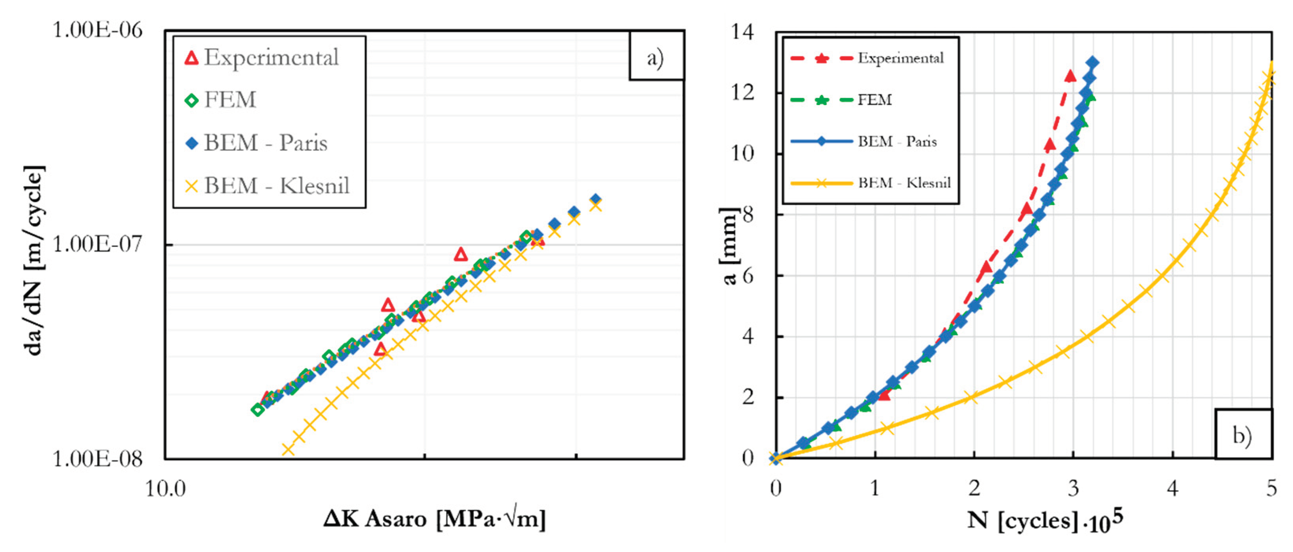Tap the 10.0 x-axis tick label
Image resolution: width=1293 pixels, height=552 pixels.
(x=165, y=488)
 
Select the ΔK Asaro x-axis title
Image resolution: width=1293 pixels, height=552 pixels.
(x=434, y=519)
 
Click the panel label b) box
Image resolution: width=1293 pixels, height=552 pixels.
(x=1243, y=435)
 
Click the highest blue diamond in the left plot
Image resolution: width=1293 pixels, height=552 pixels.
(x=595, y=199)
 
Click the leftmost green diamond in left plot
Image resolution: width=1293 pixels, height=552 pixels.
(x=257, y=410)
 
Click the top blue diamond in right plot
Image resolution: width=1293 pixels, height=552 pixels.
(x=1093, y=63)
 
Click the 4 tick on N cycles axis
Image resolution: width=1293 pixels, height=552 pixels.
(x=1173, y=488)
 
